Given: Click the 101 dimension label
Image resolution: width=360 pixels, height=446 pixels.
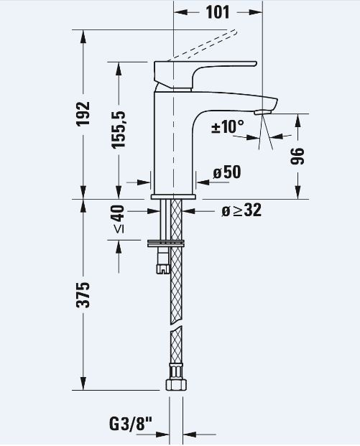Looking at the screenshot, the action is (x=218, y=12).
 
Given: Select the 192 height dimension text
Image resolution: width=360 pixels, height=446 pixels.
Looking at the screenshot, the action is (x=83, y=113).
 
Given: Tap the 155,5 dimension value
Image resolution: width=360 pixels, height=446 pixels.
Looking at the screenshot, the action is (x=119, y=130).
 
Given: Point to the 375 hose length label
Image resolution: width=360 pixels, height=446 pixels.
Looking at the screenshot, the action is (x=83, y=295).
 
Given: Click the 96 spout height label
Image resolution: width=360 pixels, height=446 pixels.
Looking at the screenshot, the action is (x=297, y=156).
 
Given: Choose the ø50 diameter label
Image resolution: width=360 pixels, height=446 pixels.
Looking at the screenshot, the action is (x=227, y=172).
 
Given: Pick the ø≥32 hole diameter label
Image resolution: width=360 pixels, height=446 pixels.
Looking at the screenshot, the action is (x=241, y=210).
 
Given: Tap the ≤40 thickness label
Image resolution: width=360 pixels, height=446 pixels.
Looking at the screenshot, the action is (x=119, y=219).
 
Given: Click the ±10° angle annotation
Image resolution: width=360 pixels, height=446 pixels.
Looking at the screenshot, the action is (x=228, y=126).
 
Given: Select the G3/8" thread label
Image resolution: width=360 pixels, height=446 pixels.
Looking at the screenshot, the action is (x=131, y=424).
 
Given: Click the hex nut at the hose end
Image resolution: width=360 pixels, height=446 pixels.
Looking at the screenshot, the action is (x=176, y=385).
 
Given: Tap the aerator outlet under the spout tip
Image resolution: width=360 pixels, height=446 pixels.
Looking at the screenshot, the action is (x=263, y=112).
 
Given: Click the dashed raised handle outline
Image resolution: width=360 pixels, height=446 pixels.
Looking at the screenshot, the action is (x=203, y=45).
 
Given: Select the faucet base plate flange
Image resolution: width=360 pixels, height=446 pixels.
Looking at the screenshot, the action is (x=173, y=197).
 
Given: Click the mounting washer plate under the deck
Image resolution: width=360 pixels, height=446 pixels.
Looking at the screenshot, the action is (x=166, y=243).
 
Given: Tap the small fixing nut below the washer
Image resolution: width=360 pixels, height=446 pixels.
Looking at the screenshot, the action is (x=163, y=268).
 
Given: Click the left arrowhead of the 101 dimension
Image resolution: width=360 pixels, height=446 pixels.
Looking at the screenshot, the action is (x=180, y=12).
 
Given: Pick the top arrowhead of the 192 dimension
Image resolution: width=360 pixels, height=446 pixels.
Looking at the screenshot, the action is (x=83, y=37).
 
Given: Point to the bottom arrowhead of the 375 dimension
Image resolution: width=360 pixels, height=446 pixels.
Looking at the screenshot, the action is (x=83, y=383).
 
